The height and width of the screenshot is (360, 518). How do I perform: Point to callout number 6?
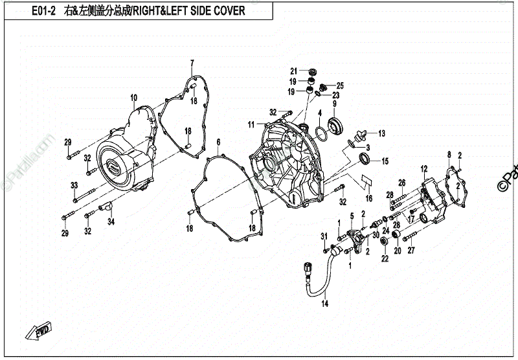point(218,142)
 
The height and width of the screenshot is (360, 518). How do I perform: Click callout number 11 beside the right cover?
point(249,124)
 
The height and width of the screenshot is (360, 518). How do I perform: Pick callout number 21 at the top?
point(293,71)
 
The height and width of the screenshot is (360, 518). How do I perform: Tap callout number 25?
point(340,86)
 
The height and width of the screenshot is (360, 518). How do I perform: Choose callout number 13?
point(381,133)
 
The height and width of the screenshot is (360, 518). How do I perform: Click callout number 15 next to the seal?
point(384,161)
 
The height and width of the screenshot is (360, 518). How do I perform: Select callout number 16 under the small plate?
point(369,199)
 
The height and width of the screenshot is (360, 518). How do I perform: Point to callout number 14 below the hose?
point(325,304)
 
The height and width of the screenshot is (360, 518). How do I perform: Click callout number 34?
point(111,222)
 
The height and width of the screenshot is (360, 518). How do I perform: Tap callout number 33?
point(74,186)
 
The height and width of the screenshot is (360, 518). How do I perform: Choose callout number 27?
point(411,250)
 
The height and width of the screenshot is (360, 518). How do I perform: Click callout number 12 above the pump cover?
point(424,169)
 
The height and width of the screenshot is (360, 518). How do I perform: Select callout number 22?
point(385,259)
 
